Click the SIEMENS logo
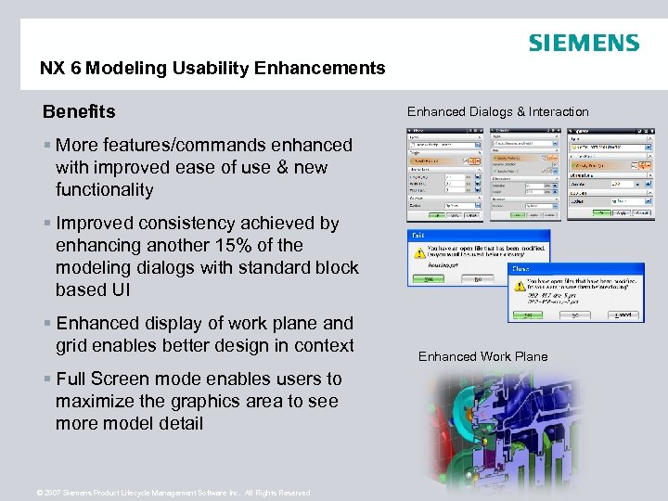pyautogui.click(x=584, y=43)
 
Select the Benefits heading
pyautogui.click(x=79, y=112)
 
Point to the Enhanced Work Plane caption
pyautogui.click(x=482, y=356)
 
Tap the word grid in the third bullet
pyautogui.click(x=72, y=345)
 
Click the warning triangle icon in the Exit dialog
pyautogui.click(x=419, y=251)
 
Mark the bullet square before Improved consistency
pyautogui.click(x=46, y=224)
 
